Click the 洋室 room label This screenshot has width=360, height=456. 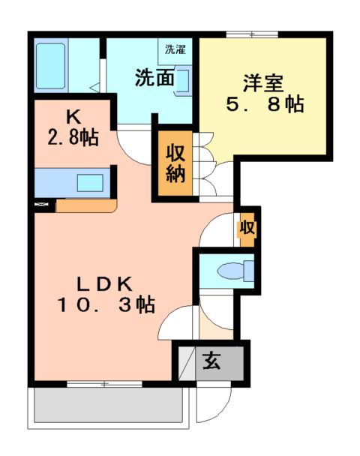click(262, 80)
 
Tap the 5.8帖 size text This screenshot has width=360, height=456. click(265, 104)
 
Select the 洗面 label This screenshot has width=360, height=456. click(154, 78)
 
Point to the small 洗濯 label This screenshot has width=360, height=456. click(176, 51)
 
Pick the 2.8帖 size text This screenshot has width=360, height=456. click(73, 137)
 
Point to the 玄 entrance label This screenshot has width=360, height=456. click(211, 361)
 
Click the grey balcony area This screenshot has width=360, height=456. click(108, 407)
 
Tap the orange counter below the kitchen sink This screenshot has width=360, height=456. click(85, 205)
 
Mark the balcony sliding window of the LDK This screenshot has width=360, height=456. click(104, 384)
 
